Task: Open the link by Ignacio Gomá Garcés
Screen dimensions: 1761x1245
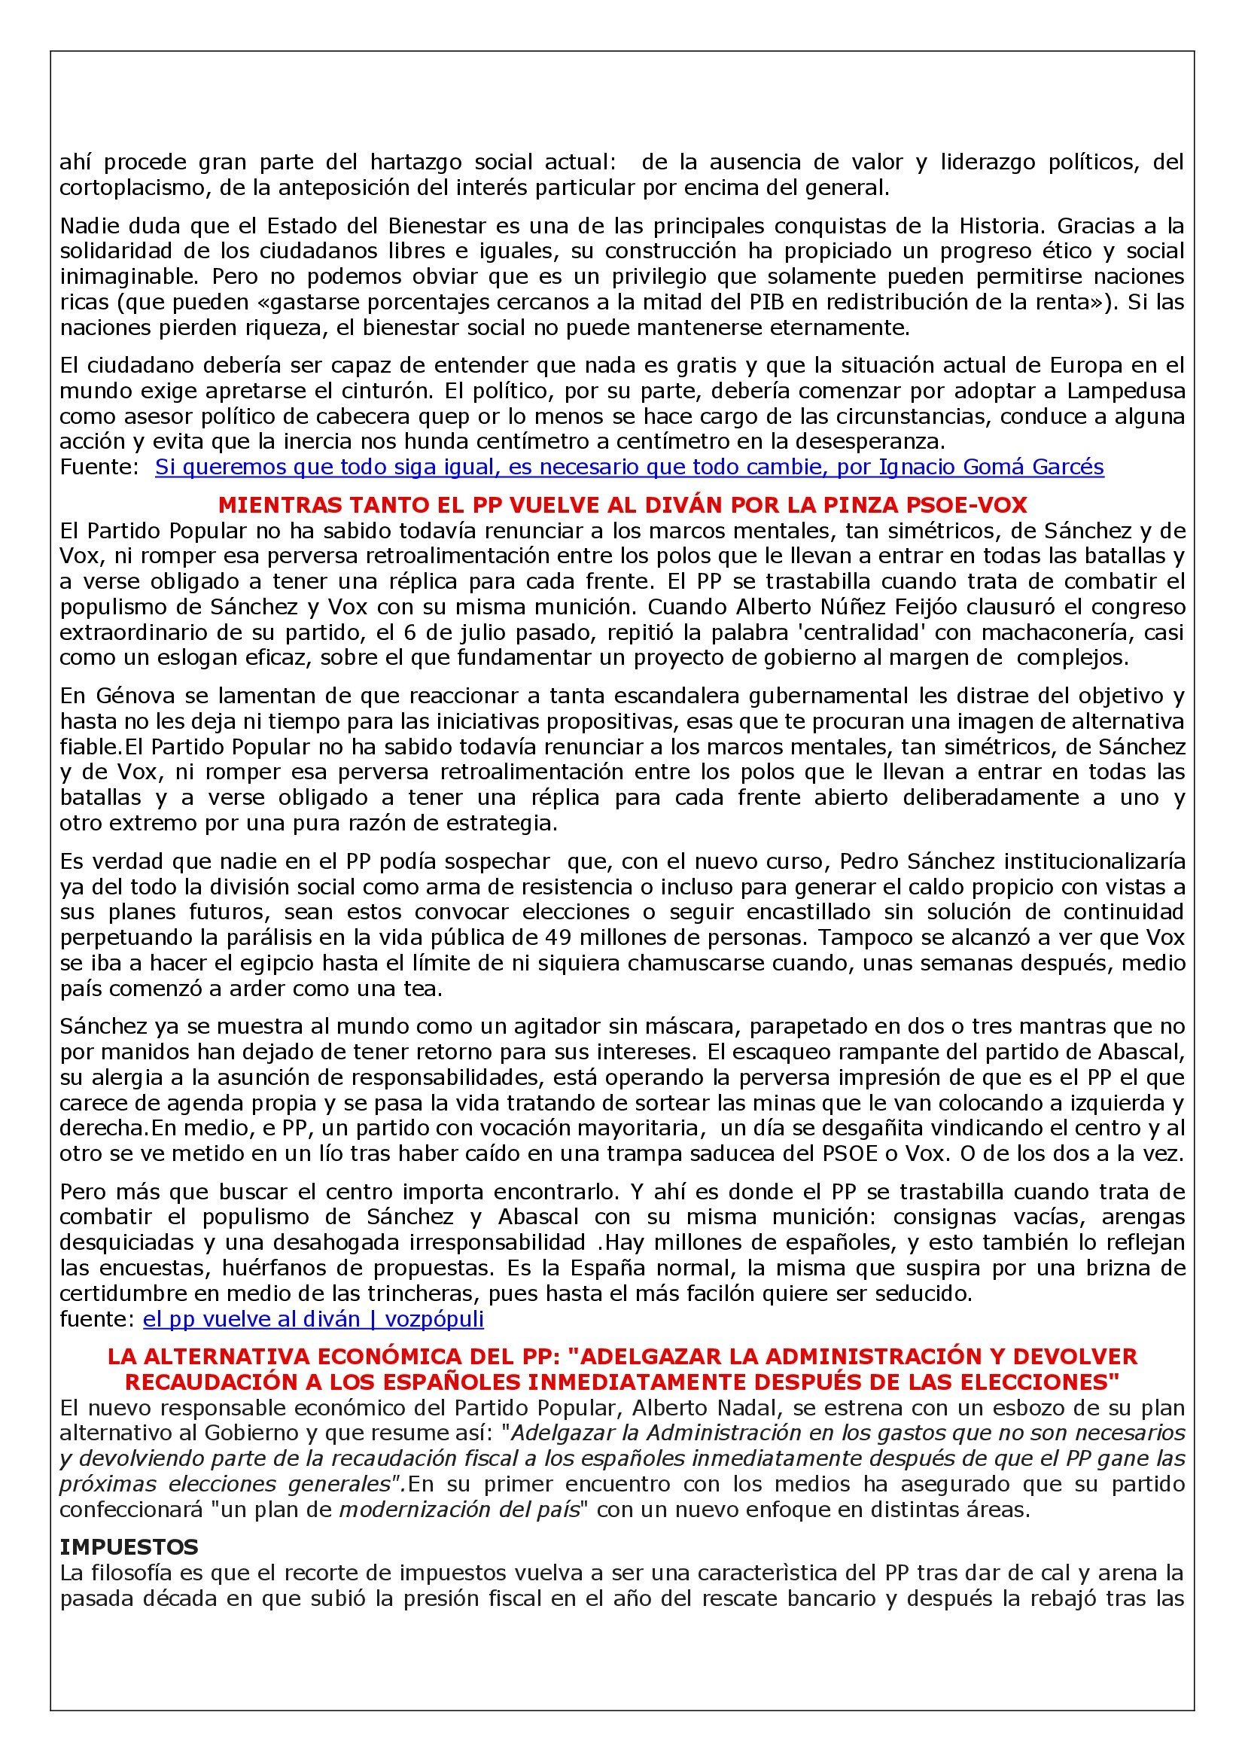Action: (x=629, y=466)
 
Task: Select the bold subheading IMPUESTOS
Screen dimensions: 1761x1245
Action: (x=129, y=1546)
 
